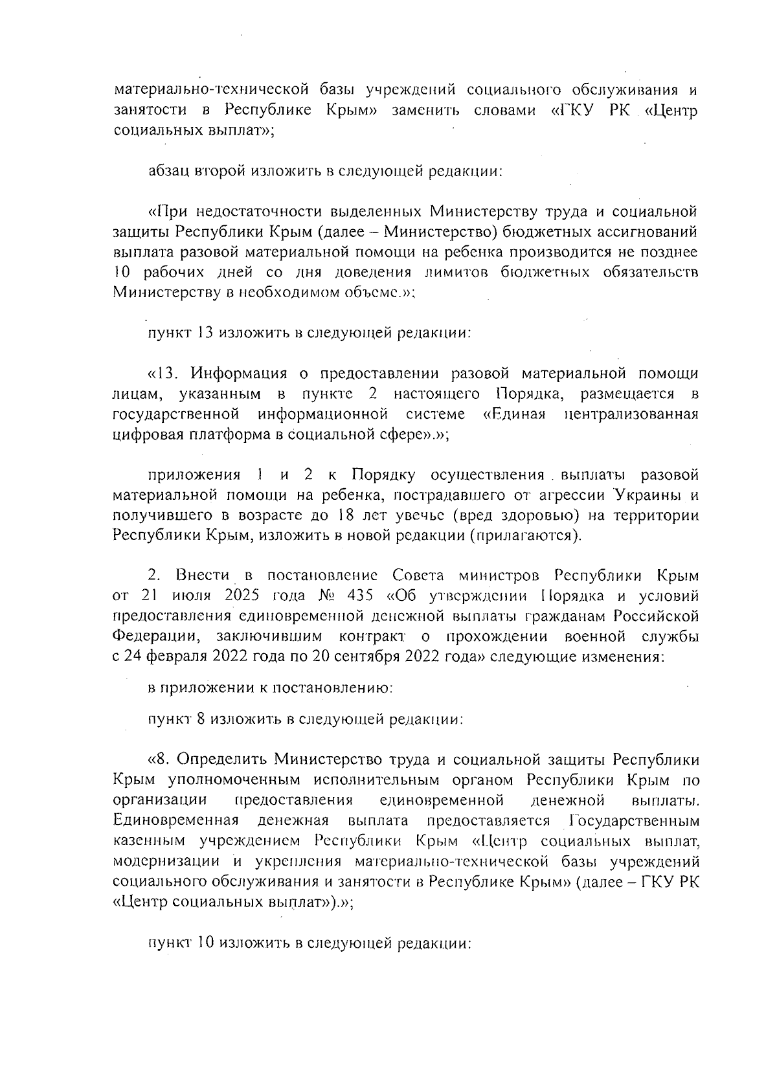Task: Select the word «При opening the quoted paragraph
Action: (x=167, y=212)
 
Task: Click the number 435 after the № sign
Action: (x=360, y=596)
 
